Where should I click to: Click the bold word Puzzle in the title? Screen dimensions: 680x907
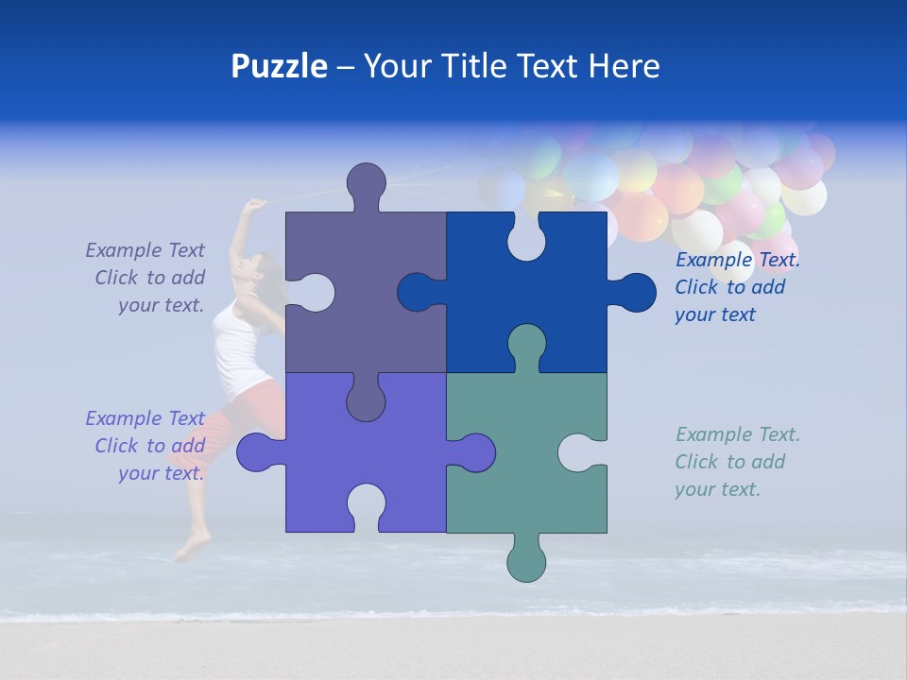point(279,66)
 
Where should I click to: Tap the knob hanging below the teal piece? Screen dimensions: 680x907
point(526,560)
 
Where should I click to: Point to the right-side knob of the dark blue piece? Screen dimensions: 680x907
point(635,293)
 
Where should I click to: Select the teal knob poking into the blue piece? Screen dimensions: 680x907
point(526,345)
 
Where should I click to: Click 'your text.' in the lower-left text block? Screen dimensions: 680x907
point(161,473)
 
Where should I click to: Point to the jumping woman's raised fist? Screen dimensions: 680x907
point(254,205)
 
